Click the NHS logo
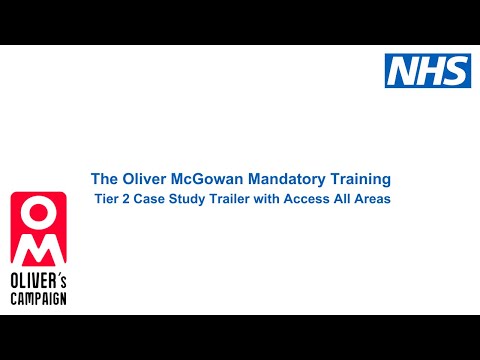click(427, 69)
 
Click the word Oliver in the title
click(145, 179)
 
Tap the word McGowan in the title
click(213, 179)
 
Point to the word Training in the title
click(360, 179)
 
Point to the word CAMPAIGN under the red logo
click(38, 298)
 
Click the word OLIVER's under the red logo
click(38, 283)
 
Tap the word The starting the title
click(104, 179)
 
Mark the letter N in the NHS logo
click(403, 69)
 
